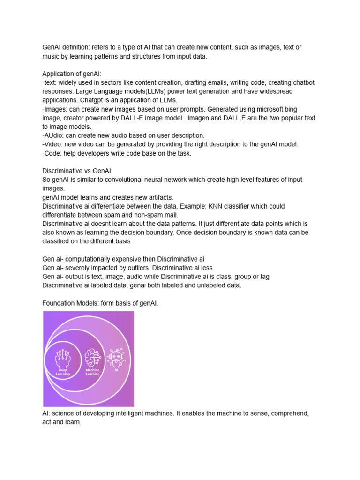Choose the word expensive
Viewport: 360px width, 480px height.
click(x=129, y=259)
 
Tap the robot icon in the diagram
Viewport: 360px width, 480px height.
click(x=115, y=357)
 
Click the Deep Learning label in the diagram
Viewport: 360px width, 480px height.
click(x=62, y=372)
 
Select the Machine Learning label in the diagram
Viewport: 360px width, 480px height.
click(x=92, y=372)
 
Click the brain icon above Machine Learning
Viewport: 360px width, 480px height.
click(x=92, y=358)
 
